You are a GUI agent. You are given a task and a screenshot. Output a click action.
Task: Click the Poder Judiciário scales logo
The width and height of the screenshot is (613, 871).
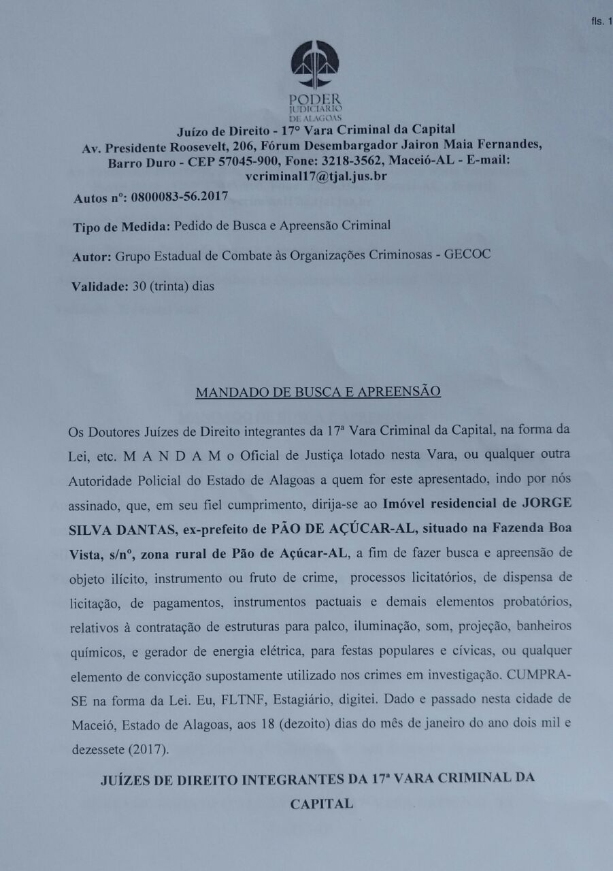point(314,67)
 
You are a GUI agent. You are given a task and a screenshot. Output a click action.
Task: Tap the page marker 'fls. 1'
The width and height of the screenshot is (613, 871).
point(602,22)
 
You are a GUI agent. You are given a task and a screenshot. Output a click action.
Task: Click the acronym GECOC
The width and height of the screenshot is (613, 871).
point(467,255)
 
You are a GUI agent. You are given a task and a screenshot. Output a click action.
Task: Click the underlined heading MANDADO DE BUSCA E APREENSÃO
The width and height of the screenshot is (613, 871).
point(318,392)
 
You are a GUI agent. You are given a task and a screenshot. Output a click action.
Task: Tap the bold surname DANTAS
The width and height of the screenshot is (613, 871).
point(140,529)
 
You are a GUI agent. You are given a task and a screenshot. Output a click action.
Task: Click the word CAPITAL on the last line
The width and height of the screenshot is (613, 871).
point(322,804)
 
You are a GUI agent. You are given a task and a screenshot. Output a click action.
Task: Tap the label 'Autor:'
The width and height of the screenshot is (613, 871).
point(91,256)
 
